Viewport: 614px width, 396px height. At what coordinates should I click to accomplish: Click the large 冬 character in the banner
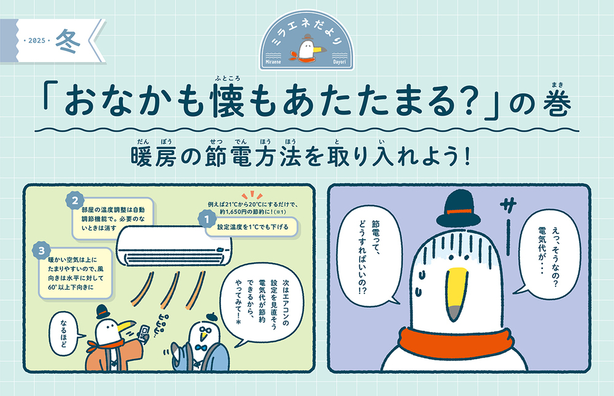coord(68,41)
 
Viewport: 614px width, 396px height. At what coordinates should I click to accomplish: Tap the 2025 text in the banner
coord(37,41)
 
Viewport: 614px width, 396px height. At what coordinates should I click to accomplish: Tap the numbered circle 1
coord(206,220)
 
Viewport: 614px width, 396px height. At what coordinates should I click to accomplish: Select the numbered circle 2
coord(75,201)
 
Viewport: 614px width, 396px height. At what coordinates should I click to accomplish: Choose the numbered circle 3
coord(42,250)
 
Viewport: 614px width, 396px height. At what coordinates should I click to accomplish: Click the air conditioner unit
coord(174,246)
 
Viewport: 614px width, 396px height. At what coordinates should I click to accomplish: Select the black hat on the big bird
coord(458,209)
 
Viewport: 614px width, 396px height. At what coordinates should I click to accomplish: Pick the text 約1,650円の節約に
coord(246,212)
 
